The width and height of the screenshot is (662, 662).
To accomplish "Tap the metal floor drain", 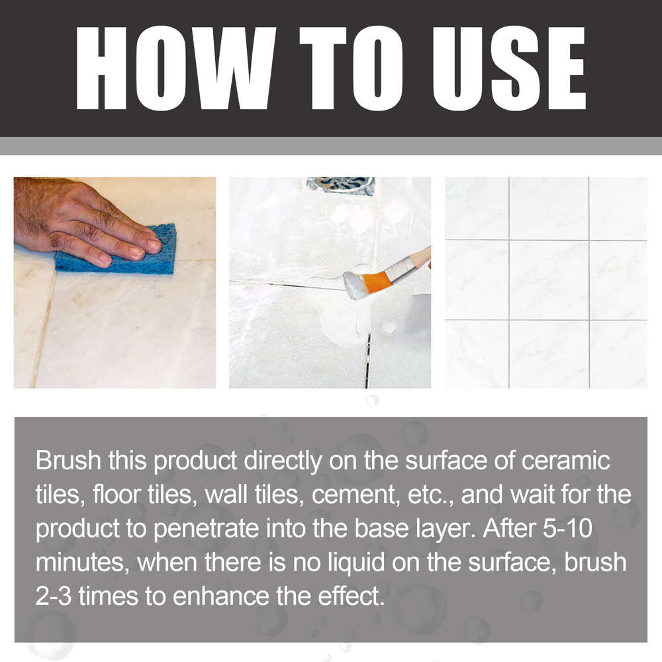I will pyautogui.click(x=340, y=185).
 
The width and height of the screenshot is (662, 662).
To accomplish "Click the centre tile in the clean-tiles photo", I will pyautogui.click(x=548, y=279).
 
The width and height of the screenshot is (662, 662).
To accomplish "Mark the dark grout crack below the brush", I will pyautogui.click(x=367, y=361).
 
